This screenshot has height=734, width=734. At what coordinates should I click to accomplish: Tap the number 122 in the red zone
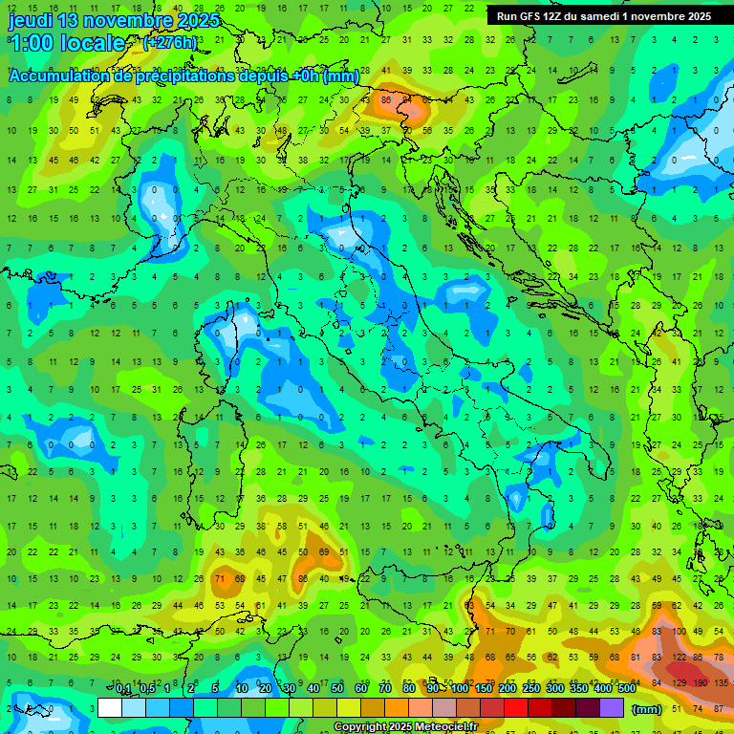point(680,658)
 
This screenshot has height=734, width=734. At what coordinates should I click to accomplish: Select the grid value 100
point(680,632)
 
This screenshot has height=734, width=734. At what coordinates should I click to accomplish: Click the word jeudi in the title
point(32,20)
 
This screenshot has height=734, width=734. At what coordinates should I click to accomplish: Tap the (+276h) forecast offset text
point(169,43)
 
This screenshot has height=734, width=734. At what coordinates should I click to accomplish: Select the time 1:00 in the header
point(32,43)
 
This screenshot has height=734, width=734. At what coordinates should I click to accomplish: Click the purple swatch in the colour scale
point(612,708)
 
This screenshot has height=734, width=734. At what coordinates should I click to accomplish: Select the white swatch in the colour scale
point(110,708)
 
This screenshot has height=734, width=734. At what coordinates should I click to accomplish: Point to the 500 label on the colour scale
point(627,689)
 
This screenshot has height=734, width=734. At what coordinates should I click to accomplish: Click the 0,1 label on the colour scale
point(122,689)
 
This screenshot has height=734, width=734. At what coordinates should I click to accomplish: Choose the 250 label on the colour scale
point(531,689)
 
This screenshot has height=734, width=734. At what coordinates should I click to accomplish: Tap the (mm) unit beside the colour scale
point(647,709)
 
